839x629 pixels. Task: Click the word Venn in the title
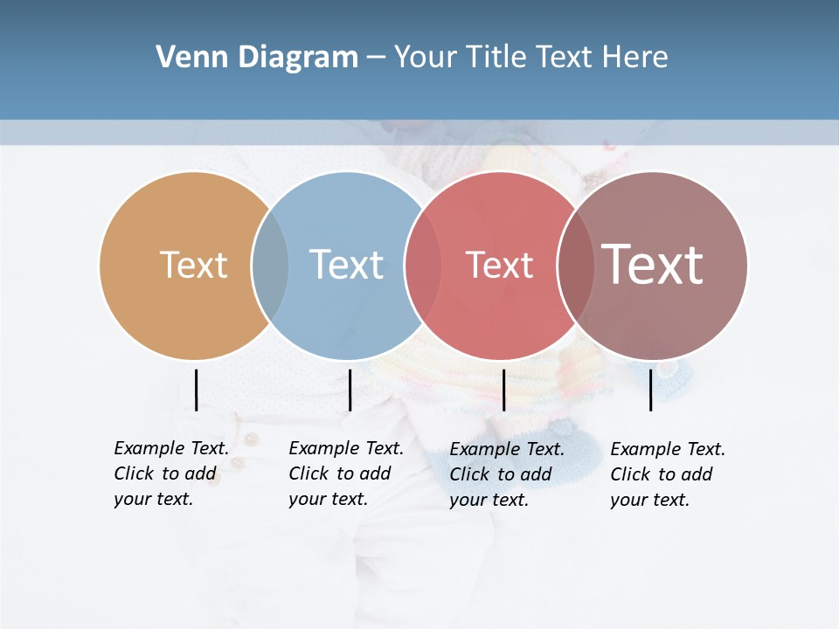click(x=182, y=58)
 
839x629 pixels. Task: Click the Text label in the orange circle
click(x=193, y=265)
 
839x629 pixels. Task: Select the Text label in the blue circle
click(x=346, y=265)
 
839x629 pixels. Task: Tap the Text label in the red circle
click(x=499, y=266)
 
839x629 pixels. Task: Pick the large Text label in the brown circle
click(x=653, y=264)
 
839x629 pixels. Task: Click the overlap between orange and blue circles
click(x=270, y=266)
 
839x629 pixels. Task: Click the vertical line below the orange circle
click(x=196, y=390)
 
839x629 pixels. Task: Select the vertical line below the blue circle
click(x=350, y=390)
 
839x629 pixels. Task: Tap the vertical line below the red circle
click(x=503, y=390)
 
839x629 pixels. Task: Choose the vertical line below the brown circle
click(x=650, y=390)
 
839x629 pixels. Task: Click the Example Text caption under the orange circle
click(x=170, y=473)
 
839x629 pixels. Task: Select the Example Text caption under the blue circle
click(x=345, y=473)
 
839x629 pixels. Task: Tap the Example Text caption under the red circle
click(x=506, y=474)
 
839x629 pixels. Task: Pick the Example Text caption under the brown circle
click(x=667, y=474)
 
